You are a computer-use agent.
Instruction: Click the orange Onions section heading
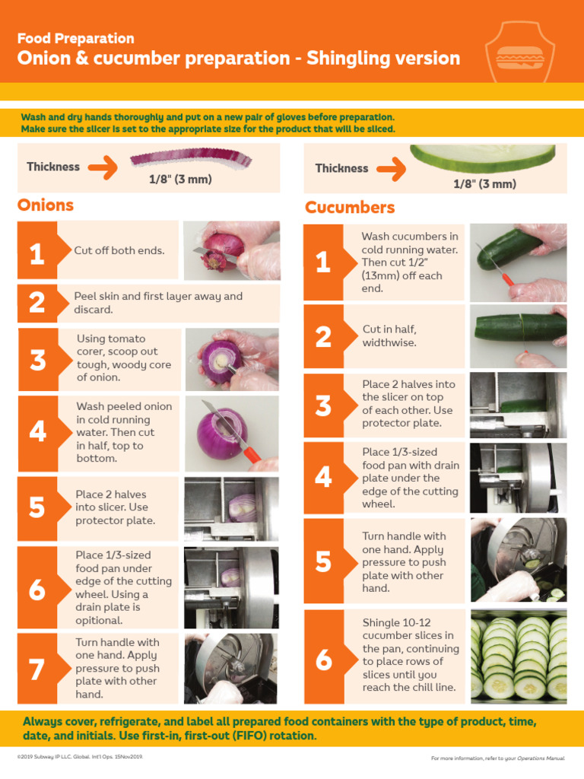click(x=46, y=205)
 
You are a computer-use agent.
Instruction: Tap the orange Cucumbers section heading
click(x=350, y=208)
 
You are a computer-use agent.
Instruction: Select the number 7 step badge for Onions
click(x=36, y=669)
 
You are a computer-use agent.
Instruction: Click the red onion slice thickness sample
click(x=190, y=159)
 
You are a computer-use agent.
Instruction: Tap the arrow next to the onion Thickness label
click(x=103, y=166)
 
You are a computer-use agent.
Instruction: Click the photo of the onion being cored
click(x=231, y=359)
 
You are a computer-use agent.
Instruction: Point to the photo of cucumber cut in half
click(x=519, y=335)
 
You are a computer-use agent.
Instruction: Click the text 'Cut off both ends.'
click(x=119, y=250)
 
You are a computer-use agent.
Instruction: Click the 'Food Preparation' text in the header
click(x=75, y=38)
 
